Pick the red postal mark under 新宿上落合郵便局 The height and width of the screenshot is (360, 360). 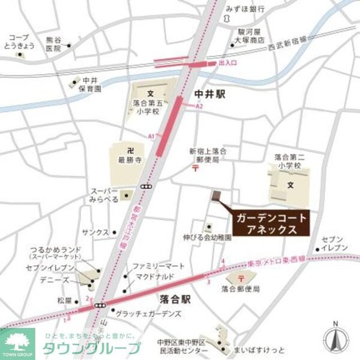196,169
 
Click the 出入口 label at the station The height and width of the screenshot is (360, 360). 228,63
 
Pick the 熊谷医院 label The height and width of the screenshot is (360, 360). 54,44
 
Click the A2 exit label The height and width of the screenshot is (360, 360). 201,106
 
